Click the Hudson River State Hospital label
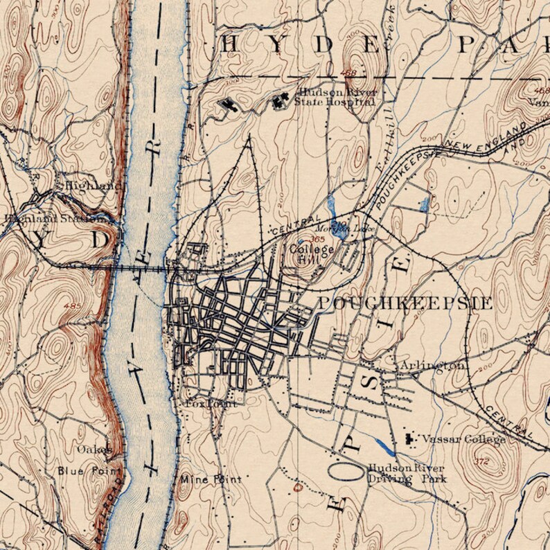[335, 98]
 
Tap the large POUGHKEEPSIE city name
[405, 303]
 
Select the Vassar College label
[463, 439]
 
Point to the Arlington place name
[432, 365]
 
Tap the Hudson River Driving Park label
[406, 473]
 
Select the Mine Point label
[211, 479]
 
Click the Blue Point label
[82, 471]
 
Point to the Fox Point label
[211, 402]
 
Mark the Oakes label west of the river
[94, 449]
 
